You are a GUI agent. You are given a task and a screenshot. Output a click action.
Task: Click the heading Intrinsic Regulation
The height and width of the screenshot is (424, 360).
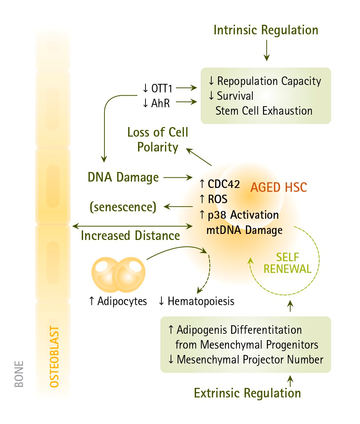(x=266, y=30)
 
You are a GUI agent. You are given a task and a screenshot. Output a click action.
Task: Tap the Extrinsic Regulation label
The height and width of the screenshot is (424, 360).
(x=247, y=393)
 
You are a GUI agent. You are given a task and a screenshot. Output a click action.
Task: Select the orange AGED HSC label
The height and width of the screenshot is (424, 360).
(x=279, y=187)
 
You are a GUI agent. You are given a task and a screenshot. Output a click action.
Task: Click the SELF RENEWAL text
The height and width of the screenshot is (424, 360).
(x=287, y=263)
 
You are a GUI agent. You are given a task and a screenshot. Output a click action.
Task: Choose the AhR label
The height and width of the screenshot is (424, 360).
(x=156, y=103)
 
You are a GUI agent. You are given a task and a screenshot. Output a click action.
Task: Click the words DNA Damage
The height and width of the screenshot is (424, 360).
(x=123, y=177)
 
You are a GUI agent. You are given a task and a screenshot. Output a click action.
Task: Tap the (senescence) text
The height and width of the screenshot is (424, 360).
(x=123, y=207)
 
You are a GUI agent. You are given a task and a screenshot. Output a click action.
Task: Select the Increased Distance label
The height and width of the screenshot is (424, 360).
(x=130, y=236)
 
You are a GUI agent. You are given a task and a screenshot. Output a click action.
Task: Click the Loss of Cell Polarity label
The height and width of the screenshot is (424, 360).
(x=158, y=140)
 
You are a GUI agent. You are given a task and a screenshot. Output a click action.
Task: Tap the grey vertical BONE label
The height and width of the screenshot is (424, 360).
(x=19, y=374)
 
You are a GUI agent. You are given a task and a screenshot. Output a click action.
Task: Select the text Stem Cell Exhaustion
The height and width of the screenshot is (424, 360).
(x=264, y=111)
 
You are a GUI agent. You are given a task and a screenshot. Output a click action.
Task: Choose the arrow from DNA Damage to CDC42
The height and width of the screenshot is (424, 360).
(x=178, y=177)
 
